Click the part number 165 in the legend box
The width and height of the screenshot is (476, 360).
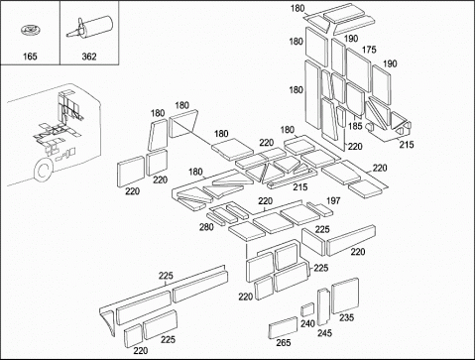coord(30,57)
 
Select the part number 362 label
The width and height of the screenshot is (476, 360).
coord(89,57)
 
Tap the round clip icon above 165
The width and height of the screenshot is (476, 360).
coord(30,31)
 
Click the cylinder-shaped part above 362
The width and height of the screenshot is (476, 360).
coord(89,26)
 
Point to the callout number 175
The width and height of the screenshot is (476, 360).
coord(369,50)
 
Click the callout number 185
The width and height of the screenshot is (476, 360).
coord(355,126)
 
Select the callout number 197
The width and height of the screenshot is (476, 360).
coord(333,200)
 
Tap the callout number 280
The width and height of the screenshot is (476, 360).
coord(206,227)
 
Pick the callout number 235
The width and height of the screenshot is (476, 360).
coord(346,317)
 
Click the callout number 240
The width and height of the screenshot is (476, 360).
coord(307,323)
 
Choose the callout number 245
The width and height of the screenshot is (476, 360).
coord(324,333)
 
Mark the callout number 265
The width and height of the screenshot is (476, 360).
coord(284,343)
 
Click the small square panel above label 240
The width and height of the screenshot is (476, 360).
coord(307,309)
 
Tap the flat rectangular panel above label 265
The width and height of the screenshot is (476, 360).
coord(283,327)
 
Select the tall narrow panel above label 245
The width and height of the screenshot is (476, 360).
coord(323,307)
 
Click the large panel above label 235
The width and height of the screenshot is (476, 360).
coord(345,296)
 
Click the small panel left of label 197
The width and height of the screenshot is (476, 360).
coord(319,209)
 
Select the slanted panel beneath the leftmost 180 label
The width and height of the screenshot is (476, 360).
coord(158,135)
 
